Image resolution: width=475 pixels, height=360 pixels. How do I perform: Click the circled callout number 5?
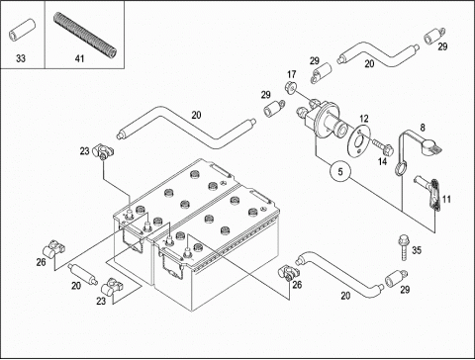[x=340, y=171]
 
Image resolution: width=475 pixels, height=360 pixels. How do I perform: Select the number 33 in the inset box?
[x=21, y=58]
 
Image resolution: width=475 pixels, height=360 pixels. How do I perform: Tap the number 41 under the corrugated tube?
[x=79, y=58]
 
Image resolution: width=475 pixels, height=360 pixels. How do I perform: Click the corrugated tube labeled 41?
[x=85, y=34]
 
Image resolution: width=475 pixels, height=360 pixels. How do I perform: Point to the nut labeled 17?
[x=290, y=87]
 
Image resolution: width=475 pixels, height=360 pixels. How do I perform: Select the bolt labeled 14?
[x=383, y=147]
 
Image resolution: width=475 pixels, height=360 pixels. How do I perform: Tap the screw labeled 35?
[x=404, y=247]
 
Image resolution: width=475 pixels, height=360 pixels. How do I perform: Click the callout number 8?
[x=423, y=128]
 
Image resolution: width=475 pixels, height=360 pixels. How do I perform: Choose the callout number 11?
[x=446, y=199]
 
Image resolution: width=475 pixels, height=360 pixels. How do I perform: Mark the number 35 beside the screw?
[x=417, y=250]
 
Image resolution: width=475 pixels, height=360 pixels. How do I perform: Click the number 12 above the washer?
[x=364, y=119]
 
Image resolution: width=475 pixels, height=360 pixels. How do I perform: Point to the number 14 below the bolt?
[x=382, y=161]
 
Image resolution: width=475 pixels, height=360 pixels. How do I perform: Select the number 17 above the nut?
[x=292, y=75]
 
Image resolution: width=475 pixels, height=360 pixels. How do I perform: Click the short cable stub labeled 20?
[x=83, y=274]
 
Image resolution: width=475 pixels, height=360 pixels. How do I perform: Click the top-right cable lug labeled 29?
[x=434, y=36]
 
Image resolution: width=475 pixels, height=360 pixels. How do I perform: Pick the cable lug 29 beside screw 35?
[x=395, y=279]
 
